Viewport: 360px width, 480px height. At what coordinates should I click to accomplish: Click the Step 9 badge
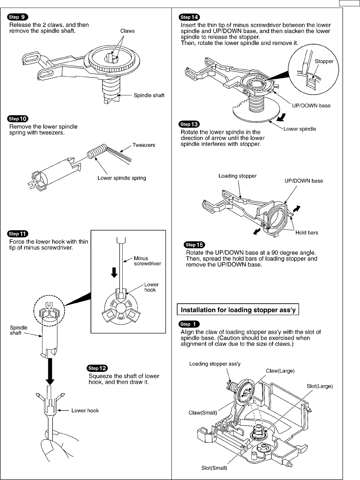20,18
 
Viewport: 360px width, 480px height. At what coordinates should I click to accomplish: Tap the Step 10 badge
20,119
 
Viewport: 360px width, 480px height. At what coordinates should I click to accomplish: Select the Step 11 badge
20,234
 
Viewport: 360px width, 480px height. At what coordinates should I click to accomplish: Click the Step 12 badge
97,369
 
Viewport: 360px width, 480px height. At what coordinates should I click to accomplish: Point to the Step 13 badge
189,124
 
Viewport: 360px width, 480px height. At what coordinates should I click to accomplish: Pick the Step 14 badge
189,18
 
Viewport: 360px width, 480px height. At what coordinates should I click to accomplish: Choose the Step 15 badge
194,245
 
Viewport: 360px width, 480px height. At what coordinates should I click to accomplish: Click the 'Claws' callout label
127,31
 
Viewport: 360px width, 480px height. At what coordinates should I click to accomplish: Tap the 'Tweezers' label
144,145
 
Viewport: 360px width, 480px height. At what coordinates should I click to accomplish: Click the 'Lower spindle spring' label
122,178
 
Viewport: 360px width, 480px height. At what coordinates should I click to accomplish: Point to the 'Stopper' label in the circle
324,61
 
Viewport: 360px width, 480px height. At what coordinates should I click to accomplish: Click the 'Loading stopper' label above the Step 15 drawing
237,176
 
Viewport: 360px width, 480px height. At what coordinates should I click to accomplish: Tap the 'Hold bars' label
306,233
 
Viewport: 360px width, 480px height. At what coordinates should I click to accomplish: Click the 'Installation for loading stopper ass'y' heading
238,310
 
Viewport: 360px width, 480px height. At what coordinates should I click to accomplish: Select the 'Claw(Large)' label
280,371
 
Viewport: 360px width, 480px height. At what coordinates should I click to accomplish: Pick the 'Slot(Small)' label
214,468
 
